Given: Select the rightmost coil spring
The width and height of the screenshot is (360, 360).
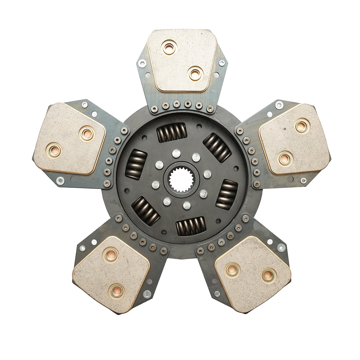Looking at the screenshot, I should point(227,194).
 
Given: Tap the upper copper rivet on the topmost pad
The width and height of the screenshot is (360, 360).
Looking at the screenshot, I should point(169,48).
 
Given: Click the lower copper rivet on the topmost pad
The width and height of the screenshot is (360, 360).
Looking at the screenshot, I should point(195,73).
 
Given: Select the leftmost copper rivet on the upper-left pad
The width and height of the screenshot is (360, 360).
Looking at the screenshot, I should point(55,150).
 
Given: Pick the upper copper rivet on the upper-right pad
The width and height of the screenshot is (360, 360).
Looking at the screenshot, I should point(302,125).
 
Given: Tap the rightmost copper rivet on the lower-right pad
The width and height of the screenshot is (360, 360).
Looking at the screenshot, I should point(268,275).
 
